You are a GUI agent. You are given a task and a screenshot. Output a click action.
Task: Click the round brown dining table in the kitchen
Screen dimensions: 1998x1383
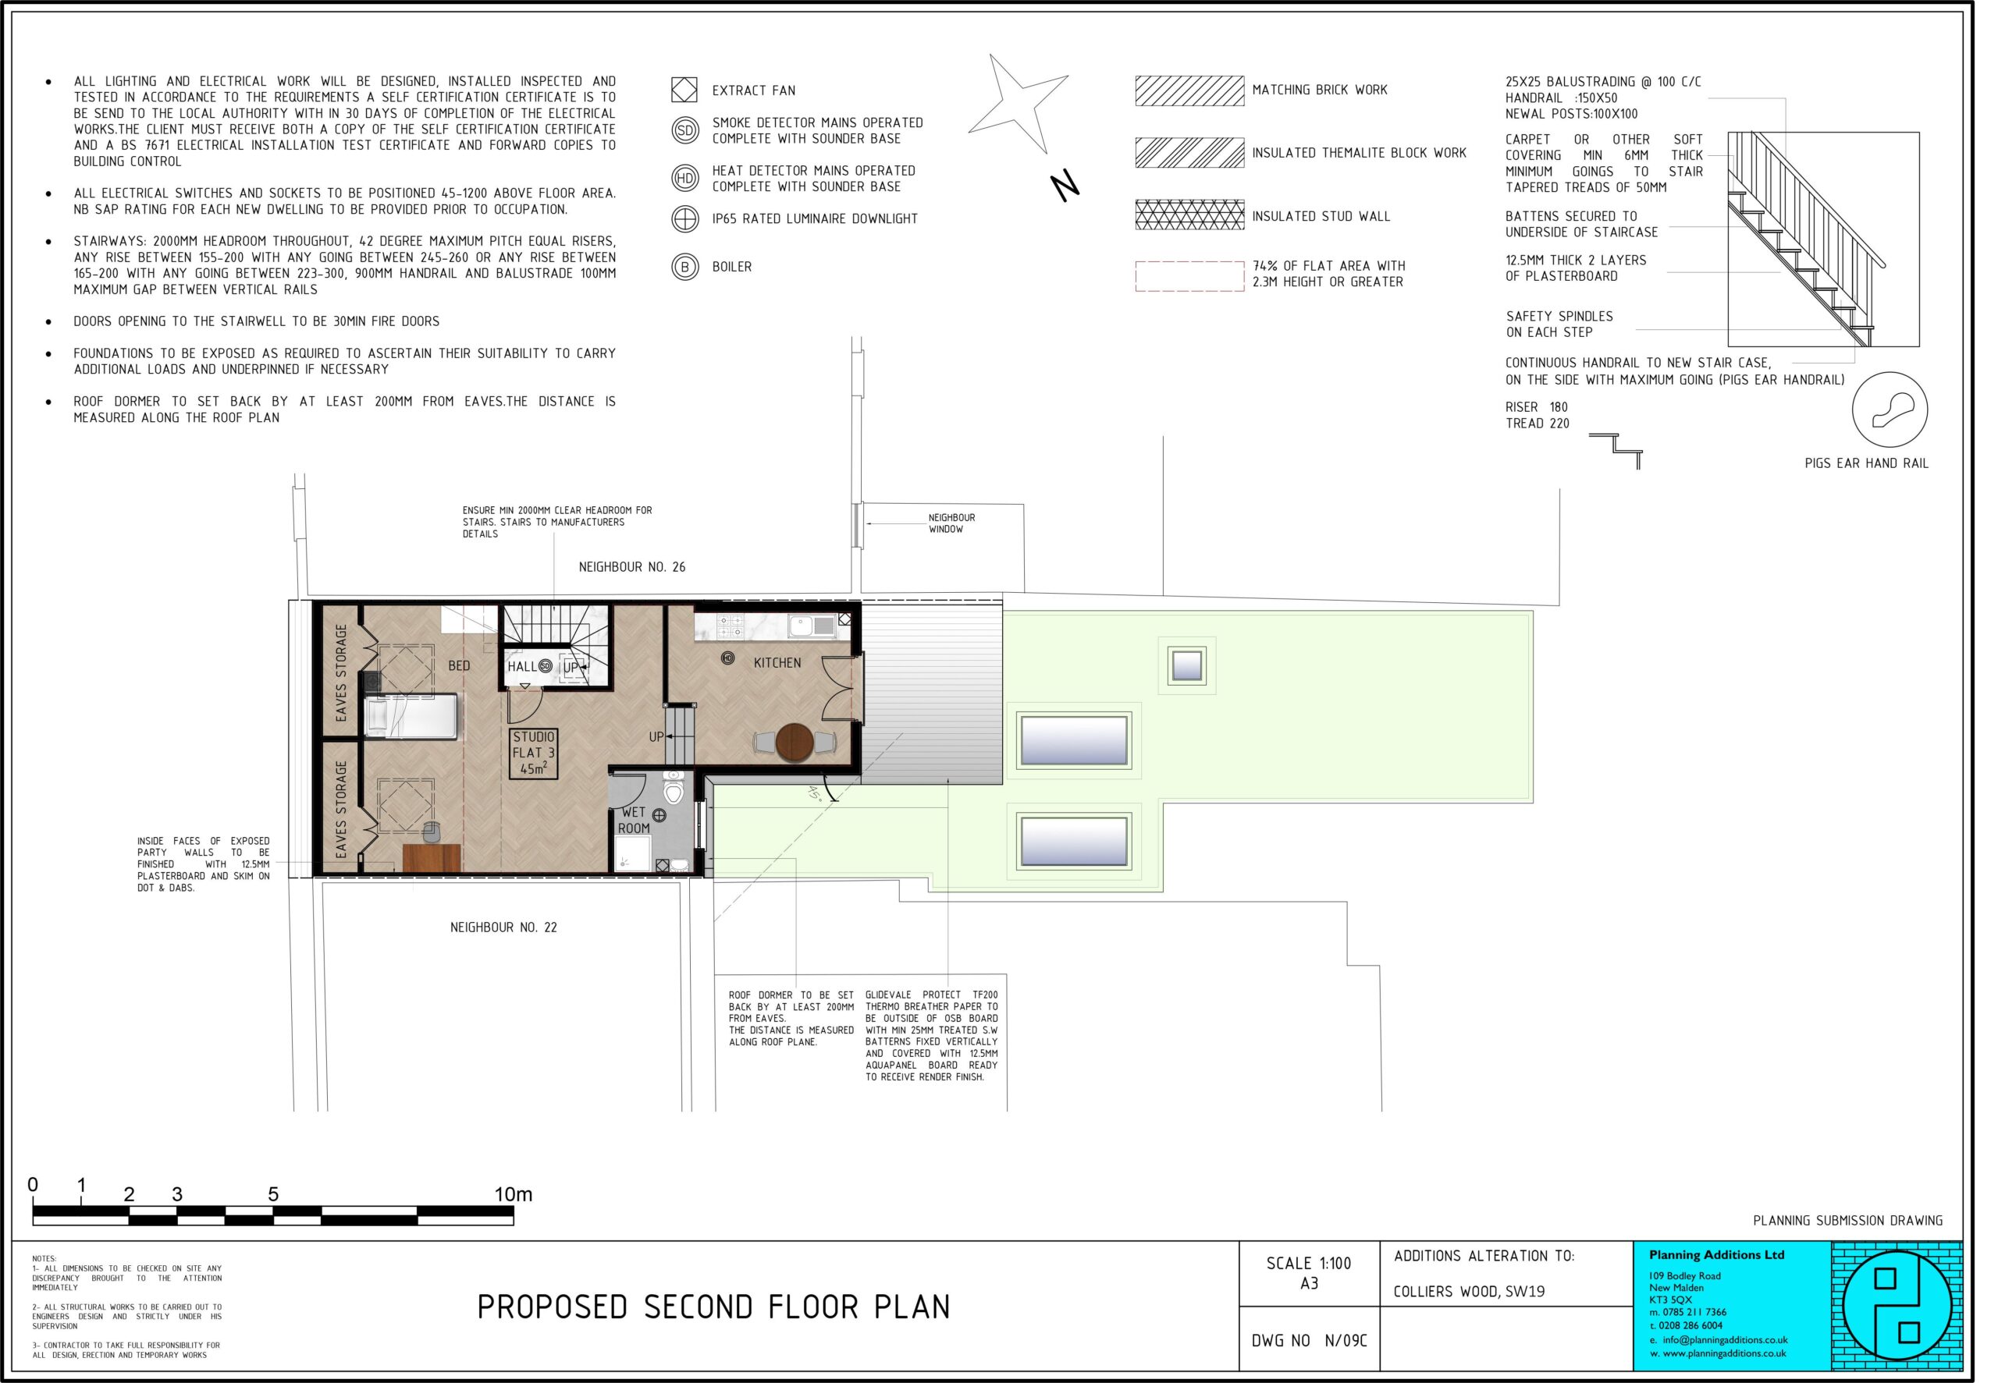(794, 743)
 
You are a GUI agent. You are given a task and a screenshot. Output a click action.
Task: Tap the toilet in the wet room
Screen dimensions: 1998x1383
(674, 788)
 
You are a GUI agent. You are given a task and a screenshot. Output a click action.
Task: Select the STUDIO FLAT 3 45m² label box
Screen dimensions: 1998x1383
(533, 753)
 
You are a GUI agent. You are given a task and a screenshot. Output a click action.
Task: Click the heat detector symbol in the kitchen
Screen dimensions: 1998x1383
(728, 658)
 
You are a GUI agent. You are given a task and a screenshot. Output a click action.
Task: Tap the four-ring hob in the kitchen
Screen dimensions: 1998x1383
(731, 624)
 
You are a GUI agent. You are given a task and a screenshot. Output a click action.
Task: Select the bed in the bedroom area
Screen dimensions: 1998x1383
(411, 717)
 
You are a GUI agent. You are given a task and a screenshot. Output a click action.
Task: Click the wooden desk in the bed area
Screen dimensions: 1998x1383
(431, 858)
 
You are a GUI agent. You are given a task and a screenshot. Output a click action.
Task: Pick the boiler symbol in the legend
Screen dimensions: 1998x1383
(684, 267)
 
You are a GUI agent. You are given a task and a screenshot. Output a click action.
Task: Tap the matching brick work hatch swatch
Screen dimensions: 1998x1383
(1189, 91)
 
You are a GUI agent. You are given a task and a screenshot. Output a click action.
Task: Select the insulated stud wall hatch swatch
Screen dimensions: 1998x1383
(1189, 215)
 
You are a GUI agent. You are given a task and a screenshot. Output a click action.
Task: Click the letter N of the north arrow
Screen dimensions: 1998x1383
(1065, 186)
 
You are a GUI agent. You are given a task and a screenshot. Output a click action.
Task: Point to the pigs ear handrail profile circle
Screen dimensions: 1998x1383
(1890, 410)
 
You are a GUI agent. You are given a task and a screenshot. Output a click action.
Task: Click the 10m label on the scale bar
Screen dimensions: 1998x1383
(513, 1194)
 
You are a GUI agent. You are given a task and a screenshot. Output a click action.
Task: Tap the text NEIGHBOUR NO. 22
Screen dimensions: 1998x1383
(503, 927)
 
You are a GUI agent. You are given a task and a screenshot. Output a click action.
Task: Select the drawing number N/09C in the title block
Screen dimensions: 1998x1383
(1346, 1341)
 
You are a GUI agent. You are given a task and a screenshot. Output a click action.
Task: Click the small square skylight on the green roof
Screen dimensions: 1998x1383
(1186, 665)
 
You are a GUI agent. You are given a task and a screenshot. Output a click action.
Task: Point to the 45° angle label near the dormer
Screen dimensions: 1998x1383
(814, 792)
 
